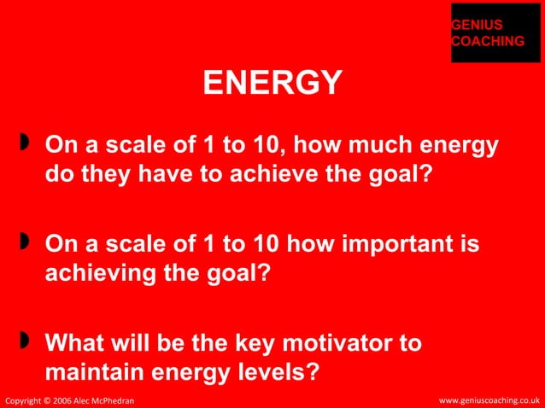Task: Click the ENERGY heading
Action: pyautogui.click(x=272, y=85)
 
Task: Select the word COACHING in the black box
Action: pyautogui.click(x=488, y=41)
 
